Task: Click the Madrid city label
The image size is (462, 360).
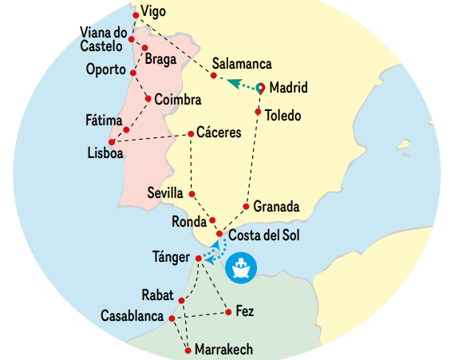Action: coord(288,88)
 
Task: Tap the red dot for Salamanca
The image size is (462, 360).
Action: coord(213,76)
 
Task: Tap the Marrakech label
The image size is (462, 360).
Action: coord(224,350)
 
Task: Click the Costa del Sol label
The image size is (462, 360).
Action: coord(265,236)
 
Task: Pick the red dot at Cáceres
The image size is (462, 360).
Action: coord(191,133)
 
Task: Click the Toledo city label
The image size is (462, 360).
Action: coord(284,116)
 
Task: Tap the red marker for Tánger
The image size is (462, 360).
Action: coord(198,258)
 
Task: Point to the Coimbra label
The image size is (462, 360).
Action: coord(177,101)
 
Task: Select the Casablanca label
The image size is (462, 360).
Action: coord(132,317)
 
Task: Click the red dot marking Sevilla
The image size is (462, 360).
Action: coord(192,192)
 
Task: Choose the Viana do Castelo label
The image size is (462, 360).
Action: coord(104,39)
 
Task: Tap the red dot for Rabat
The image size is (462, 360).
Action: coord(182,301)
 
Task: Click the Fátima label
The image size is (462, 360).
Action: coord(104,120)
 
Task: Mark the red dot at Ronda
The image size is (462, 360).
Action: coord(212,220)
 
